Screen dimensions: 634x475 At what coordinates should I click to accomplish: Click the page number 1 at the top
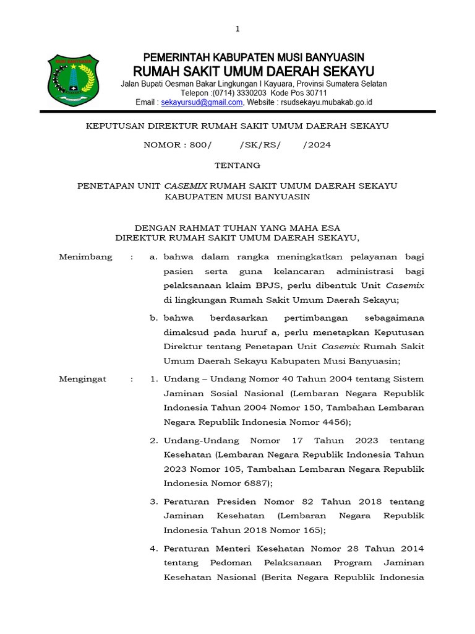(237, 28)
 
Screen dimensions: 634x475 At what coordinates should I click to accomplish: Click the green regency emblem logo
(74, 81)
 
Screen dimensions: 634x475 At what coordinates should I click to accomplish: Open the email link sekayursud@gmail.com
(202, 102)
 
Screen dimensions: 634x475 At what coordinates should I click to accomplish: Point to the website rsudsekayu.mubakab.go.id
(325, 102)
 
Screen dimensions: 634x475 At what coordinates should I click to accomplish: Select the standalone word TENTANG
(237, 165)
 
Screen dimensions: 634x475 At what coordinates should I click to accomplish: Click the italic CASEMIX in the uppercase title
(186, 185)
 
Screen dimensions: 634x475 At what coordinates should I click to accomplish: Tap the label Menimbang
(85, 257)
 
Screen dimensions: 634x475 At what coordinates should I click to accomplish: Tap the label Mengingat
(82, 378)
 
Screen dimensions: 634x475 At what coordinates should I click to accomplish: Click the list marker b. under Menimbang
(155, 318)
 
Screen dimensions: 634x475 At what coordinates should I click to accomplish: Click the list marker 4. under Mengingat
(155, 549)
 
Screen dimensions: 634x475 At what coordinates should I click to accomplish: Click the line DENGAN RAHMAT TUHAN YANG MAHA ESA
(237, 227)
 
